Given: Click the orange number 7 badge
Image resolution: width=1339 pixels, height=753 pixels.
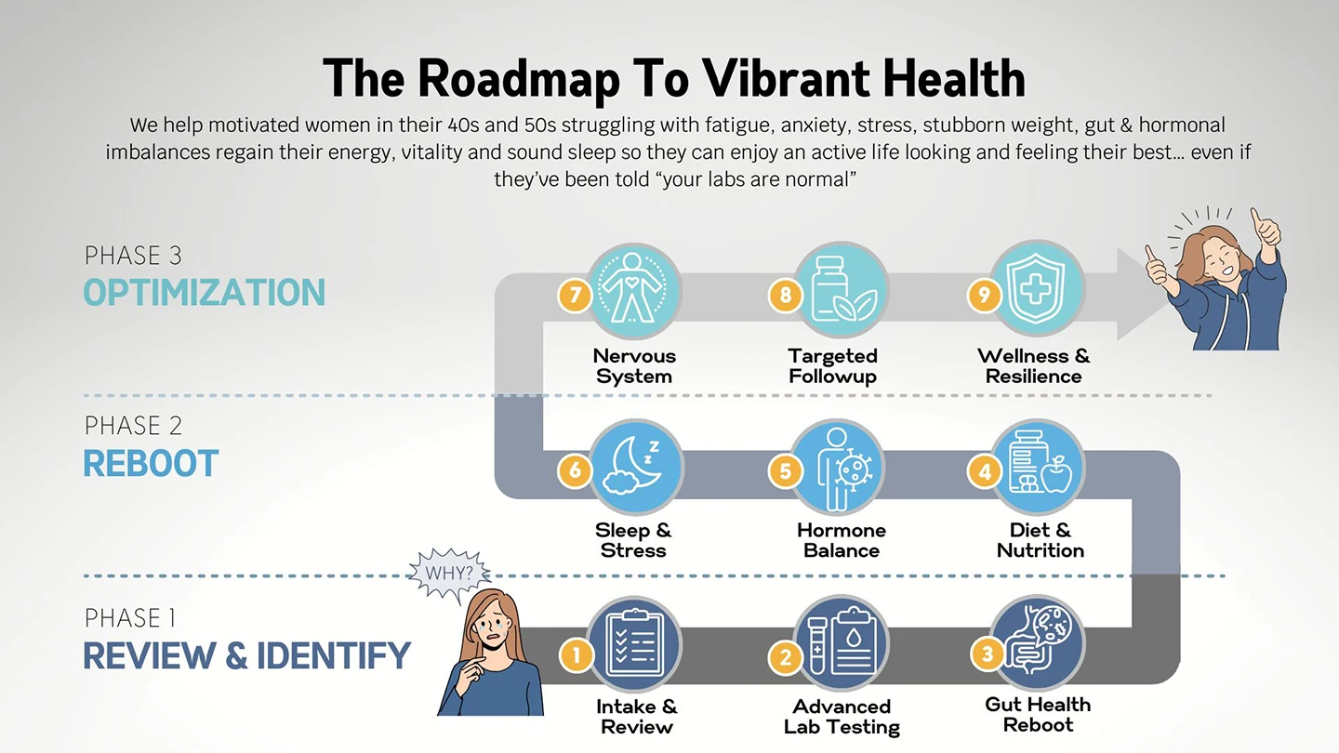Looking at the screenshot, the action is (575, 295).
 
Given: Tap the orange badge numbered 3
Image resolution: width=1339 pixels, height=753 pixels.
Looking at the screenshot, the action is (987, 654).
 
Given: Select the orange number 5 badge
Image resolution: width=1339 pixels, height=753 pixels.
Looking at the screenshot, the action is (786, 471).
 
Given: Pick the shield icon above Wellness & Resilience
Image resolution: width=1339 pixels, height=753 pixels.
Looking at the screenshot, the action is (1037, 288).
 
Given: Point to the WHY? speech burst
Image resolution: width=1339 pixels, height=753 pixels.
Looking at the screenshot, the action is (449, 574).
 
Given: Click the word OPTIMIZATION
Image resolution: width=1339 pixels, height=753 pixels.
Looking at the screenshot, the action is (205, 292).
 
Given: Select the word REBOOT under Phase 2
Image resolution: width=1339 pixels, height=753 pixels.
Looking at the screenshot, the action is (151, 463).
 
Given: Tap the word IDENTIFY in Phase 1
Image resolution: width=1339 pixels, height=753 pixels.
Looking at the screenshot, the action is (334, 655).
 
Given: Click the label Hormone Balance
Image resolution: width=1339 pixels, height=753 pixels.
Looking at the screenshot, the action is (841, 539).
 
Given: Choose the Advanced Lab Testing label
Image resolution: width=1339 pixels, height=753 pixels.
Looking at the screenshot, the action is (841, 717).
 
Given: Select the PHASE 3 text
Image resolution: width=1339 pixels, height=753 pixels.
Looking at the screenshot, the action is (133, 255).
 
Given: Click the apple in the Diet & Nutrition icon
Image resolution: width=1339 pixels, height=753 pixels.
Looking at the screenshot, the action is (1056, 474).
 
